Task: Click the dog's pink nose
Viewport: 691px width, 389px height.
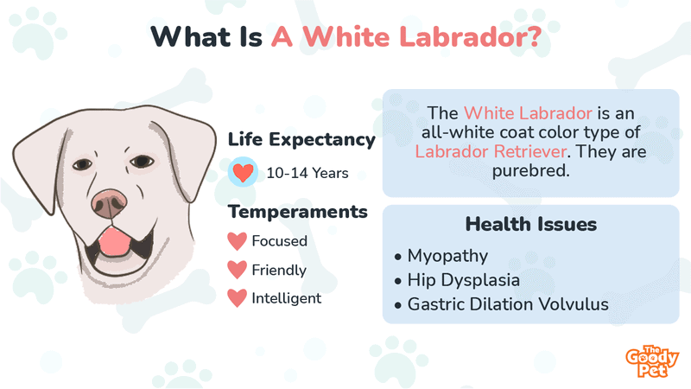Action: tap(109, 203)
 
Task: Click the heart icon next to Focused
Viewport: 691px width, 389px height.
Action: tap(237, 241)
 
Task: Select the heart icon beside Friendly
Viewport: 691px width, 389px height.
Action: tap(237, 270)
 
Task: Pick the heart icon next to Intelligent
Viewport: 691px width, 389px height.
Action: tap(237, 298)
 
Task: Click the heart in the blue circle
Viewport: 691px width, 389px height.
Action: tap(243, 172)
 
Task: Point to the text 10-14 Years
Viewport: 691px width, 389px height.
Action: tap(307, 173)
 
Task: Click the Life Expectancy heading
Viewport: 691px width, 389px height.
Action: tap(301, 139)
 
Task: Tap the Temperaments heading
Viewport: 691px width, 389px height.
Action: tap(298, 212)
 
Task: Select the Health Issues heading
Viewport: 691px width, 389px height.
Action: tap(531, 224)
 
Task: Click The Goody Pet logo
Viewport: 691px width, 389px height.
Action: tap(652, 361)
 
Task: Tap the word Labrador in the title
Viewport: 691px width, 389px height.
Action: tap(470, 36)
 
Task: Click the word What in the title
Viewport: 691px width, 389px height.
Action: tap(191, 36)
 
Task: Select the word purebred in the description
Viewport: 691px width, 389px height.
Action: tap(530, 170)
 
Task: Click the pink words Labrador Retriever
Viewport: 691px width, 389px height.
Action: tap(491, 152)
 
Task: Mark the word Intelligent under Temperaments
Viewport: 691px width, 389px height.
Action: tap(287, 298)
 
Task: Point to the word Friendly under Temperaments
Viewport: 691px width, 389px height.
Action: tap(279, 270)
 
